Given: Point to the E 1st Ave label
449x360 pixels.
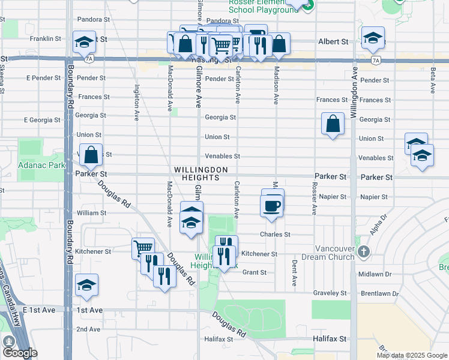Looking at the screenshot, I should [x=38, y=309].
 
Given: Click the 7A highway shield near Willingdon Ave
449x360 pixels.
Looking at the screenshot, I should [x=376, y=60].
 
